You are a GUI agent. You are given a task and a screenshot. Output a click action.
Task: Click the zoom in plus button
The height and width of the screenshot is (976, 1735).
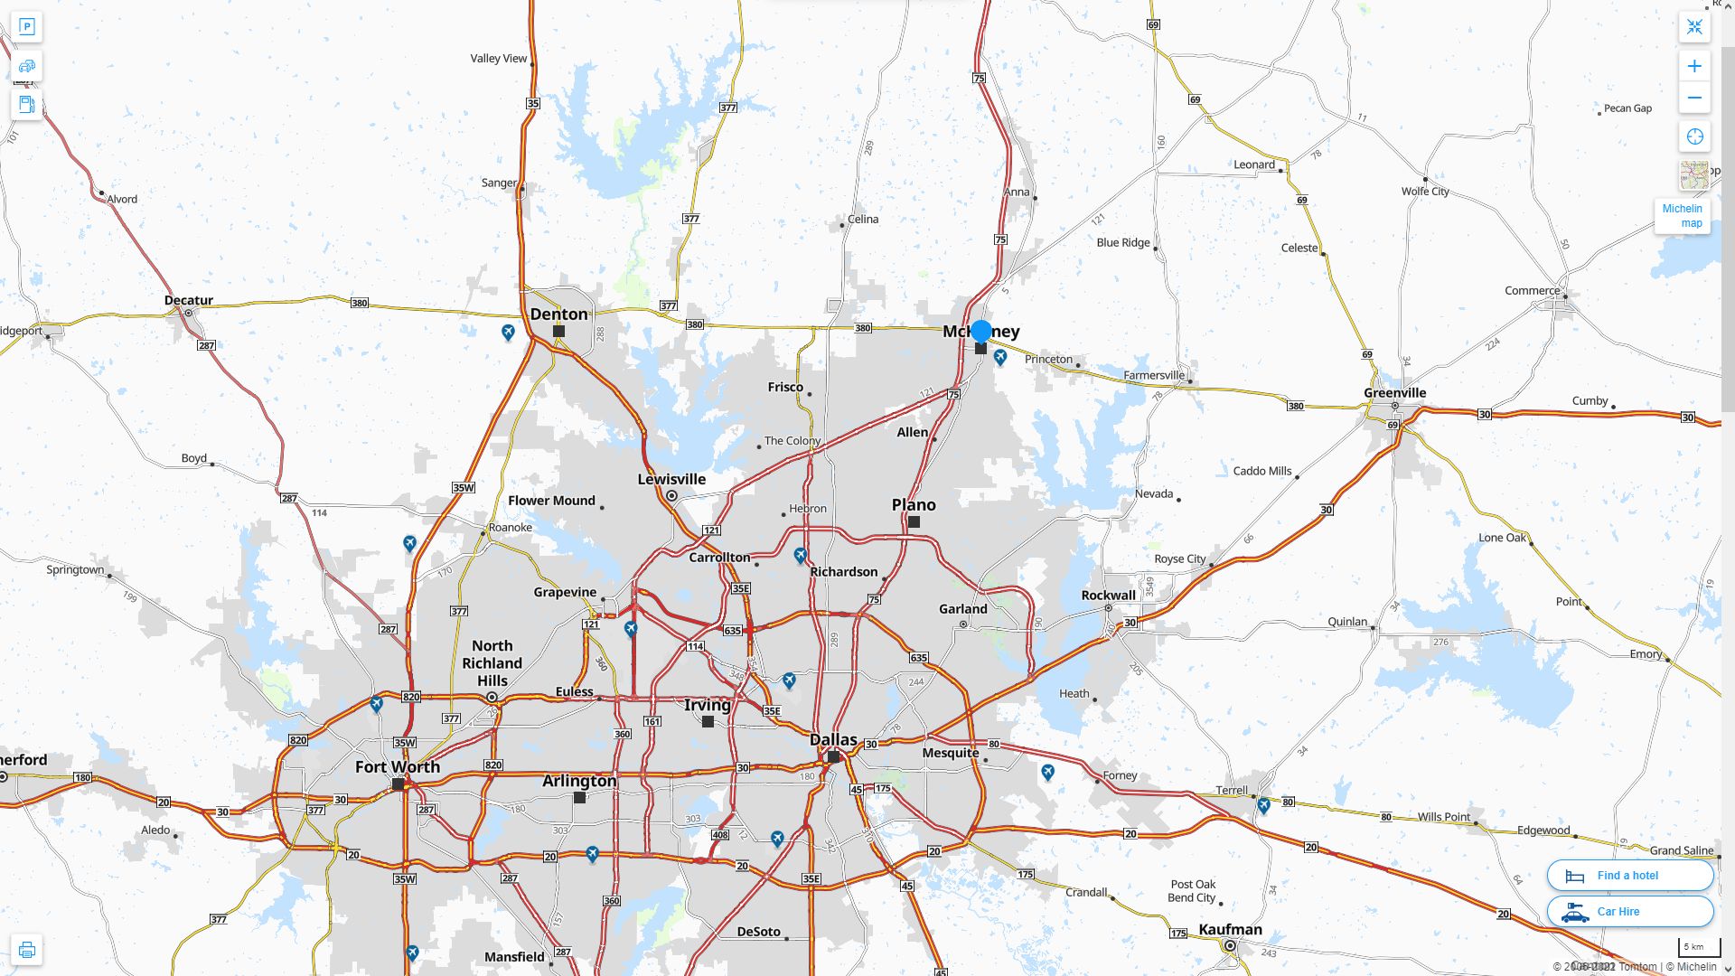(x=1694, y=66)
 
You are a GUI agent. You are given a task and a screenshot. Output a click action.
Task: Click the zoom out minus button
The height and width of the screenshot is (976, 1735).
(x=1694, y=98)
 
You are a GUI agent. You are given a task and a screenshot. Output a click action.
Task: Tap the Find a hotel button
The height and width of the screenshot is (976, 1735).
(x=1629, y=875)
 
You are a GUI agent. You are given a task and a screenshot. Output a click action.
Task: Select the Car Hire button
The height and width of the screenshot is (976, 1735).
(x=1629, y=911)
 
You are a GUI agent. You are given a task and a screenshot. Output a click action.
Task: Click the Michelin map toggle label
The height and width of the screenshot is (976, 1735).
(x=1682, y=216)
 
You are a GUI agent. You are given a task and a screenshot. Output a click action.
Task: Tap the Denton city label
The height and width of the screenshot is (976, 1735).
(x=558, y=314)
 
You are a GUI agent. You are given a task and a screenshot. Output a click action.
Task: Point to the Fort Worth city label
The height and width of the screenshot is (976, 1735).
(x=398, y=767)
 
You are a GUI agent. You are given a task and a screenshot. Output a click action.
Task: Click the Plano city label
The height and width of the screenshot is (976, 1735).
(x=914, y=504)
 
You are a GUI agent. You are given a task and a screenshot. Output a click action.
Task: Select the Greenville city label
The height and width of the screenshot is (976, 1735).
(x=1394, y=393)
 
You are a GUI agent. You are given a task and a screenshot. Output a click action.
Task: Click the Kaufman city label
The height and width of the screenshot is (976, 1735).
(x=1230, y=929)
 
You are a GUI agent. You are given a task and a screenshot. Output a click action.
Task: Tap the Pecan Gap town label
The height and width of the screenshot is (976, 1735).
(x=1627, y=108)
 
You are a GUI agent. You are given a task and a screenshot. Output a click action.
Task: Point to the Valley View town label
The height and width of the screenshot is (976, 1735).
(x=498, y=59)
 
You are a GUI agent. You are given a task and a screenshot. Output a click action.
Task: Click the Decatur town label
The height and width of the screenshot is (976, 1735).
(x=189, y=301)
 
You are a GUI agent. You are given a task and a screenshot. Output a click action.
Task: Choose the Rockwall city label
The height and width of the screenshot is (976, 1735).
(x=1108, y=596)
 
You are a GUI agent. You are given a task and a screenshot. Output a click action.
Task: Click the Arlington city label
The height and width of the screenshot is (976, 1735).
(x=579, y=781)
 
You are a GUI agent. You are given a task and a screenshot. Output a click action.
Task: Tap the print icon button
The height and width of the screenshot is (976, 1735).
(x=26, y=950)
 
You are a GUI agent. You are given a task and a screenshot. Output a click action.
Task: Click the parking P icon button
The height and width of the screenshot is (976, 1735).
(x=26, y=26)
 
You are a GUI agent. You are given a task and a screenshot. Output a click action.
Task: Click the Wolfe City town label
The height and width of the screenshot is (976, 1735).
(x=1425, y=192)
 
